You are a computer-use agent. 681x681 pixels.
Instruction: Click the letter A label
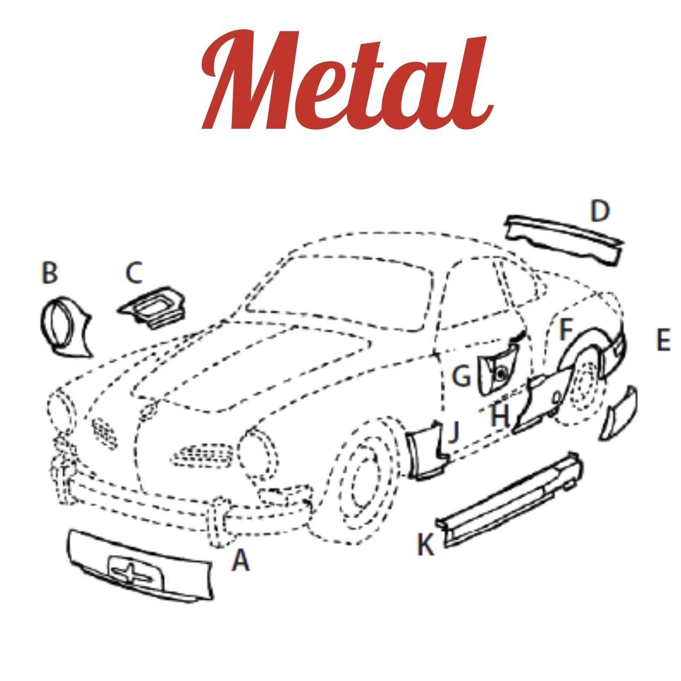coord(240,560)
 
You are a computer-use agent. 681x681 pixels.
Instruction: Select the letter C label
coord(134,273)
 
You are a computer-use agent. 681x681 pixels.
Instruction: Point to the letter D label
coord(600,212)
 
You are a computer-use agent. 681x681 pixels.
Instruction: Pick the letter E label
coord(662,340)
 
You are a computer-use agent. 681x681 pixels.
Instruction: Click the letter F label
coord(565,330)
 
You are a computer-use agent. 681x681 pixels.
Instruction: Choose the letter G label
coord(461,377)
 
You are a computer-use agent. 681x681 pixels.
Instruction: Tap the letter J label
coord(453,432)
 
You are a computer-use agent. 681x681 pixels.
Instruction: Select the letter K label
coord(425,545)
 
